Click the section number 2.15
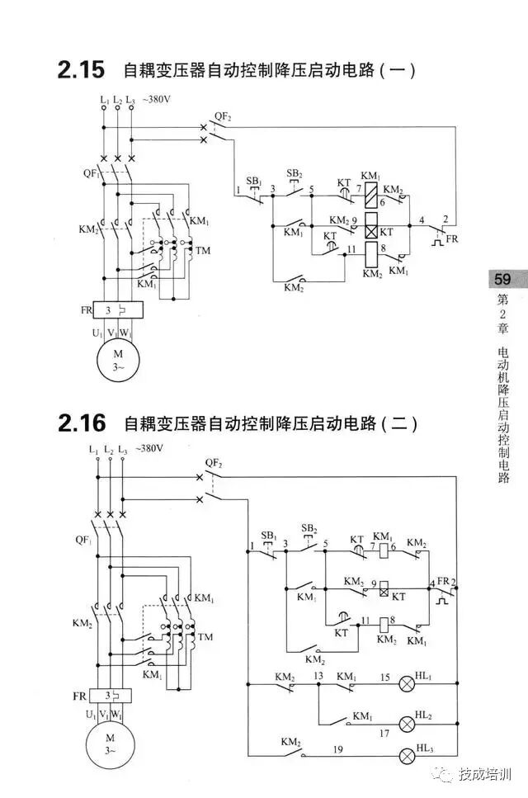click(x=81, y=70)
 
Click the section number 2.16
click(x=82, y=424)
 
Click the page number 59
click(x=501, y=279)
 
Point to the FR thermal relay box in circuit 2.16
click(x=109, y=695)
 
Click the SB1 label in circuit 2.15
click(x=254, y=181)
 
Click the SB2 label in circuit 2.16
click(x=309, y=528)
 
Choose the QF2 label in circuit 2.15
click(x=223, y=117)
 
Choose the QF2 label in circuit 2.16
click(x=214, y=464)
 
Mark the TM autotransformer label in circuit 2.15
click(x=202, y=249)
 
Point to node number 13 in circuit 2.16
click(x=318, y=675)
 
